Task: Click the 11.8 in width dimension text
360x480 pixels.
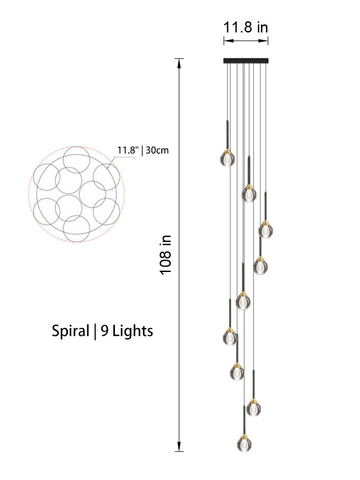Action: (x=245, y=28)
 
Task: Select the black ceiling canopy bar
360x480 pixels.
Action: (x=246, y=60)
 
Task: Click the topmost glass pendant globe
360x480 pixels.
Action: (x=227, y=159)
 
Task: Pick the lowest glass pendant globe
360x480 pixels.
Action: (x=244, y=443)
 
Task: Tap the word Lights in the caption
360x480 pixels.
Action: (x=132, y=331)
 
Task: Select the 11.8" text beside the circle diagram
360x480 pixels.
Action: (x=127, y=150)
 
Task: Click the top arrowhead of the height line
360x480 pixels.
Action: (x=179, y=63)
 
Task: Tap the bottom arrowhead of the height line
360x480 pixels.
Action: (x=179, y=447)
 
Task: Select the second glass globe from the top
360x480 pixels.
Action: (x=249, y=195)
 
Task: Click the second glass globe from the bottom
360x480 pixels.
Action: (x=253, y=408)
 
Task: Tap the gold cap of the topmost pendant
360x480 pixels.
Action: (x=227, y=151)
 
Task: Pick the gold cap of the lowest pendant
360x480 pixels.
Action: (x=244, y=436)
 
